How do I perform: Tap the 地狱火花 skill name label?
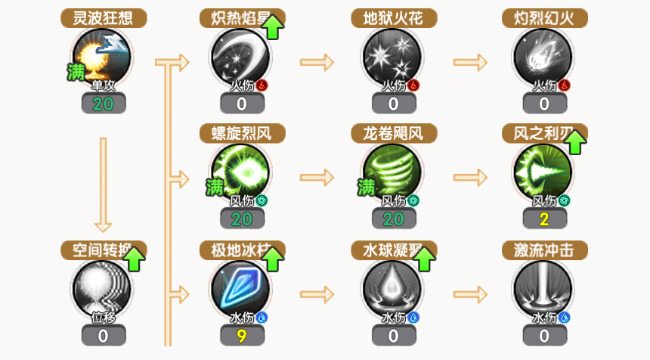[393, 18]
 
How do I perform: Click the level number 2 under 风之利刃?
[544, 219]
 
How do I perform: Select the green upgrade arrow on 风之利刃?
[576, 141]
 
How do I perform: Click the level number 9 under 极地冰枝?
[242, 334]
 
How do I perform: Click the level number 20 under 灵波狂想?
[104, 104]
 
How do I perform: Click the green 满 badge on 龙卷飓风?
[367, 185]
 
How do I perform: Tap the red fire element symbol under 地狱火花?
[413, 85]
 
